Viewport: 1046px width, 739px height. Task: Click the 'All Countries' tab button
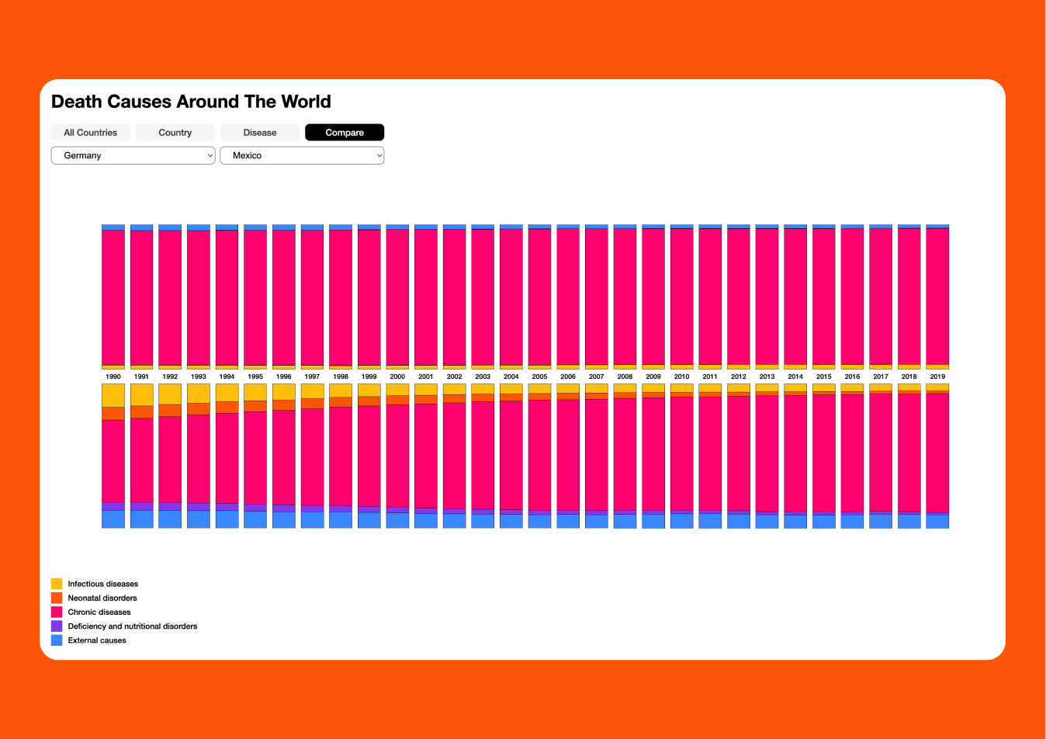pos(91,133)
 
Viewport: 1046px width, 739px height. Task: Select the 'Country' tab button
pos(175,133)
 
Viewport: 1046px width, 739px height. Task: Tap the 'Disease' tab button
pos(260,133)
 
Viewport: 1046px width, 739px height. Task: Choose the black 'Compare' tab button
pos(345,133)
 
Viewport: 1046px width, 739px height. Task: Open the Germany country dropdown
pos(133,155)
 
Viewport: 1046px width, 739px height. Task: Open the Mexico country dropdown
pos(303,155)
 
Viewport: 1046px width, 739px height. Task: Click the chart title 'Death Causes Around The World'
pos(191,102)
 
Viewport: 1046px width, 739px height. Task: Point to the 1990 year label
pos(113,376)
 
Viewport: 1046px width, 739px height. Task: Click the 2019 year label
pos(937,376)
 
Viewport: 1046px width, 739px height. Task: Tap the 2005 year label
pos(539,376)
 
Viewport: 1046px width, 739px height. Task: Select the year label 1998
pos(341,376)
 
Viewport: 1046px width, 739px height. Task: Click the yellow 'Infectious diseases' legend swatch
pos(57,584)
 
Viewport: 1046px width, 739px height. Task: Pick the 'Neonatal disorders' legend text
pos(102,598)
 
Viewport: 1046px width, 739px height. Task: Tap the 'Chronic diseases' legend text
pos(99,612)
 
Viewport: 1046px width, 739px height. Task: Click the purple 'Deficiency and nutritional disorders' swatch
pos(57,626)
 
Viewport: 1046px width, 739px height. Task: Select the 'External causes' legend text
pos(97,640)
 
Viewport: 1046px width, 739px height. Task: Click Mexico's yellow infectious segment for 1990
pos(113,395)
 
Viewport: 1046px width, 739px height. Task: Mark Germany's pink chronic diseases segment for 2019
pos(937,296)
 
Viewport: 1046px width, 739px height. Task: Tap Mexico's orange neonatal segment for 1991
pos(142,412)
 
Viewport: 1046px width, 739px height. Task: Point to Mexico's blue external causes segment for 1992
pos(170,519)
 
